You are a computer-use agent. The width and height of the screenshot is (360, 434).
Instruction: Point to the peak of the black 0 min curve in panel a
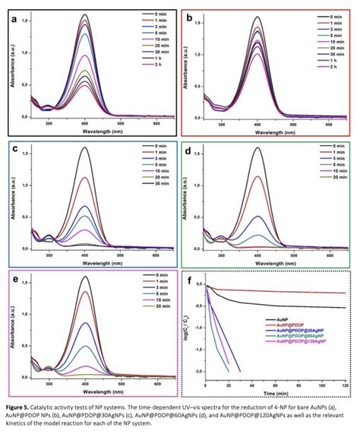click(x=84, y=15)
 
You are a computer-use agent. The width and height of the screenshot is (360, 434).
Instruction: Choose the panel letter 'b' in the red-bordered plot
click(x=191, y=14)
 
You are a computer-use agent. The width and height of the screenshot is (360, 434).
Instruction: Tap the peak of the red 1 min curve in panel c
click(x=84, y=178)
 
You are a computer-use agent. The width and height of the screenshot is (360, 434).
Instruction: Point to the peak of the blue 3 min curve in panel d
click(x=257, y=217)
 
